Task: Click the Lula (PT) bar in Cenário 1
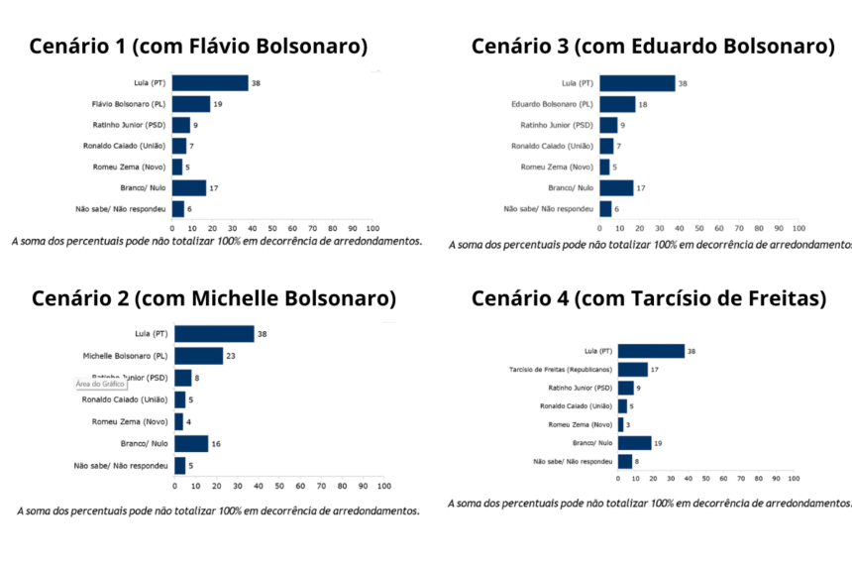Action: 209,83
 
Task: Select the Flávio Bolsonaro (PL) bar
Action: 190,104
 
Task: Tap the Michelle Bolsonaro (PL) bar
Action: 198,356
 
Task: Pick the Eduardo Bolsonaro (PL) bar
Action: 617,104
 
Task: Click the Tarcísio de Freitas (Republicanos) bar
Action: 632,370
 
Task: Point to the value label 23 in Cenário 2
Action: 231,356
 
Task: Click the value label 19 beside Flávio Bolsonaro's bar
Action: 217,104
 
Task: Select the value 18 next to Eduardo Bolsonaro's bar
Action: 643,104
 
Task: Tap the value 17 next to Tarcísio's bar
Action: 655,370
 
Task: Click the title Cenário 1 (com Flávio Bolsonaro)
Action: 198,47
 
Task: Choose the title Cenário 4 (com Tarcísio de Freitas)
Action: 648,298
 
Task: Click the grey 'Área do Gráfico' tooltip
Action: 100,384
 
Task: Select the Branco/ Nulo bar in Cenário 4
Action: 634,443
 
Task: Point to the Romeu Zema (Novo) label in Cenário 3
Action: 557,168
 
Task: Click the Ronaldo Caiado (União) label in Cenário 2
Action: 125,399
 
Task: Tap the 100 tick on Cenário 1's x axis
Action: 373,227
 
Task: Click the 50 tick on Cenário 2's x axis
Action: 279,486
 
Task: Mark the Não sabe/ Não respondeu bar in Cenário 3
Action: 605,209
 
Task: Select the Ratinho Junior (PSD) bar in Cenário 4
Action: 625,388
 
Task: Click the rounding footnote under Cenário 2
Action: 218,511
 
